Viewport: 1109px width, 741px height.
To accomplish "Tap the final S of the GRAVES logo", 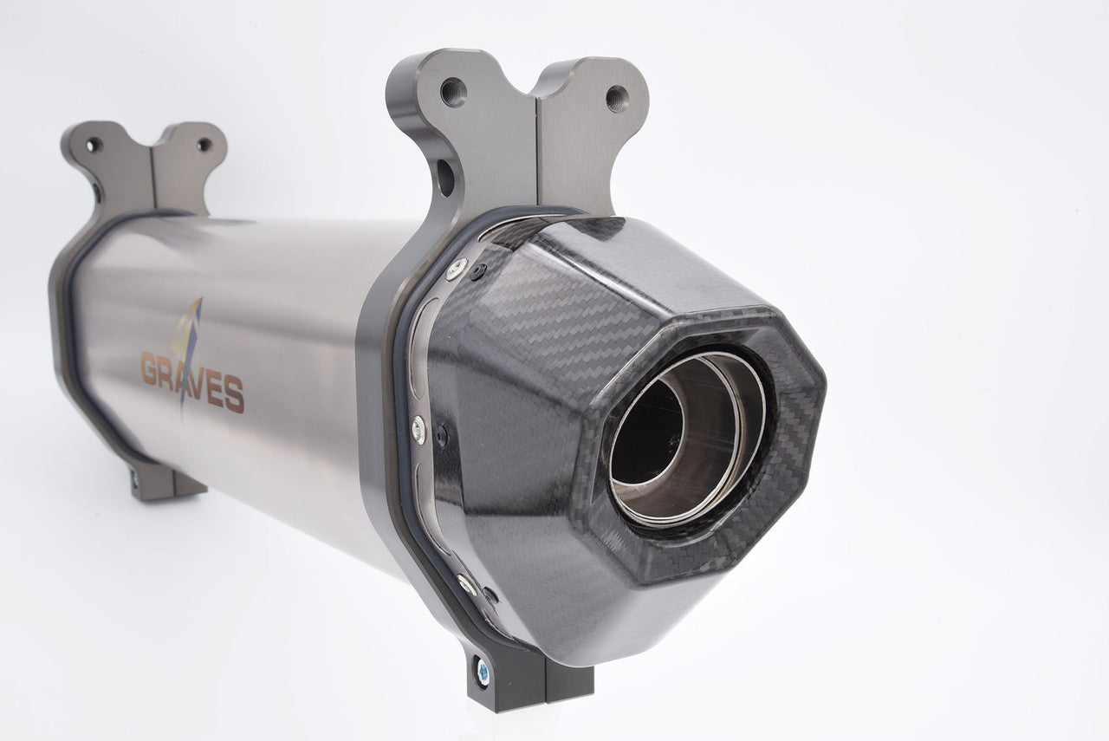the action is (234, 395).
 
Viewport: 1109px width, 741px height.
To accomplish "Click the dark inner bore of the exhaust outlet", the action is (646, 432).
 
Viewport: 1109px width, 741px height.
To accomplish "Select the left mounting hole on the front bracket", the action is (453, 93).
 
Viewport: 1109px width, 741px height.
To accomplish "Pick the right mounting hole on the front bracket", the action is (618, 99).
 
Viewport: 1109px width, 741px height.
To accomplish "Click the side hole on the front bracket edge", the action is (445, 178).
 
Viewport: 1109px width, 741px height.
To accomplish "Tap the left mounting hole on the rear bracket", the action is (93, 145).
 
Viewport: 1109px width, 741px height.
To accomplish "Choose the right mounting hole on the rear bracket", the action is (204, 145).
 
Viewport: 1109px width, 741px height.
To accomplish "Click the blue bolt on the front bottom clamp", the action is (483, 671).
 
